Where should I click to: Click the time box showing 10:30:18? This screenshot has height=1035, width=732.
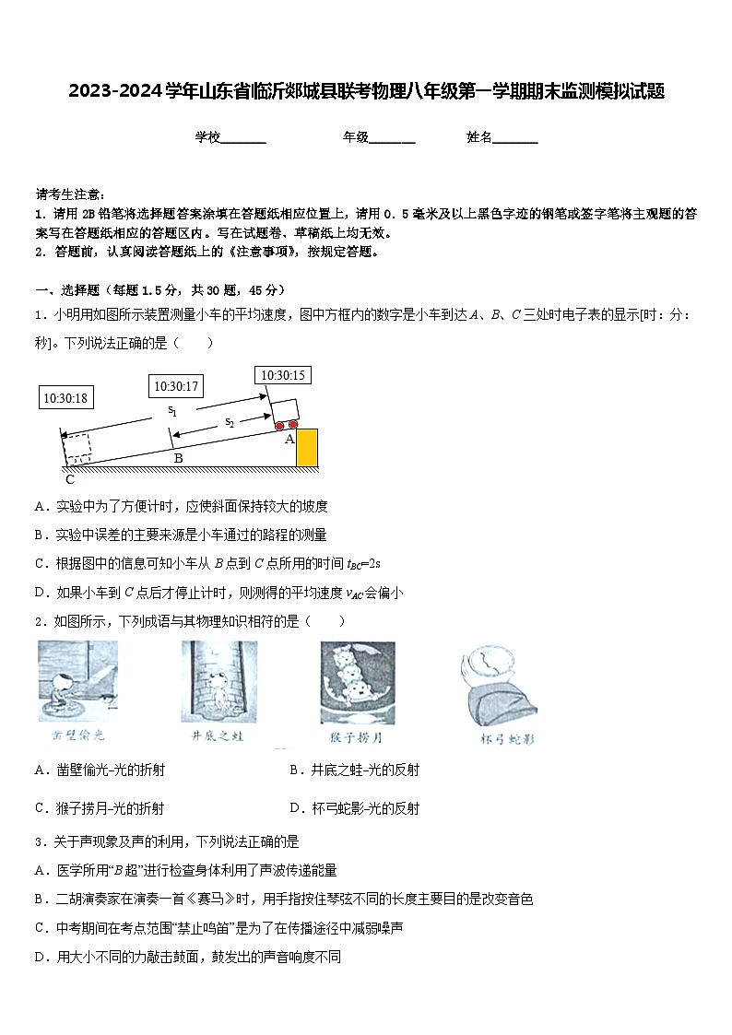pyautogui.click(x=65, y=398)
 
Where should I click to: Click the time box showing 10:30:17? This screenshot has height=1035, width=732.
pyautogui.click(x=177, y=386)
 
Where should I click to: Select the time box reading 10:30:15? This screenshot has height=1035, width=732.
pyautogui.click(x=282, y=375)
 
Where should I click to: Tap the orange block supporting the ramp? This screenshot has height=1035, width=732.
pyautogui.click(x=306, y=448)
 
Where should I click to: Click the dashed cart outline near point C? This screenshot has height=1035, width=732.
pyautogui.click(x=77, y=448)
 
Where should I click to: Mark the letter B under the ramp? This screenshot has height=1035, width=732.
pyautogui.click(x=178, y=458)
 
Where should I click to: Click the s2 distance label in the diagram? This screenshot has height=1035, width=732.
pyautogui.click(x=230, y=422)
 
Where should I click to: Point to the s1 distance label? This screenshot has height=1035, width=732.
pyautogui.click(x=171, y=410)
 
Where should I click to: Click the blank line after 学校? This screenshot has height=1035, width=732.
pyautogui.click(x=243, y=138)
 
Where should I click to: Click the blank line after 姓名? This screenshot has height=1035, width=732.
pyautogui.click(x=515, y=138)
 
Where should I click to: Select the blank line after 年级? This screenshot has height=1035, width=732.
pyautogui.click(x=392, y=138)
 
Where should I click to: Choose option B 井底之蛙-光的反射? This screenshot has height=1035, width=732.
pyautogui.click(x=355, y=770)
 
